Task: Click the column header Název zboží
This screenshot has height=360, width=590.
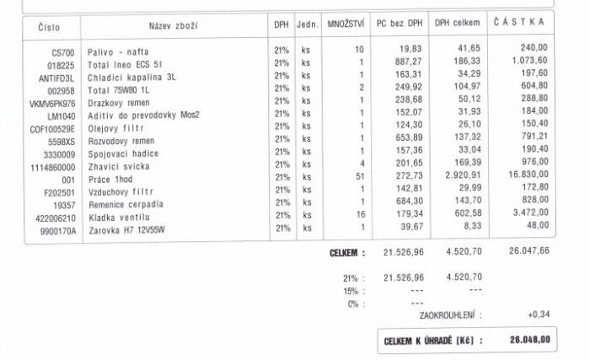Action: point(173,26)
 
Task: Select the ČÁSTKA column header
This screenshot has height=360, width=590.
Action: point(520,22)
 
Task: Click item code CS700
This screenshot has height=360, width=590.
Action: point(63,52)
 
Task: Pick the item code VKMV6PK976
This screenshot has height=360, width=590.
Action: point(52,104)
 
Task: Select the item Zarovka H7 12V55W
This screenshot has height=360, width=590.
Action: point(127,229)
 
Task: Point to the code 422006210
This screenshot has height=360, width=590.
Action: point(53,218)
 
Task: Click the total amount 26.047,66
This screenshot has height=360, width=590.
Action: point(528,250)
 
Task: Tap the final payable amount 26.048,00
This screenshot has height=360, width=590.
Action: point(529,340)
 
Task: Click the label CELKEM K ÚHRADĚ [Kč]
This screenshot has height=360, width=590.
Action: point(427,341)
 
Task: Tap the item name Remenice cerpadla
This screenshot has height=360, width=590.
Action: point(126,204)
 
